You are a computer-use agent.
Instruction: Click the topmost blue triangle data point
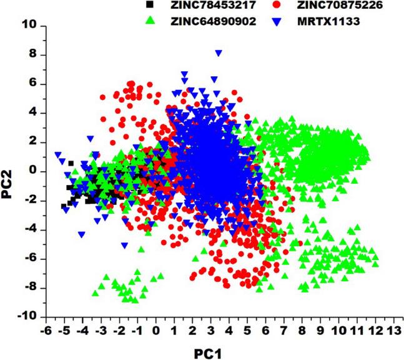pos(218,54)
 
